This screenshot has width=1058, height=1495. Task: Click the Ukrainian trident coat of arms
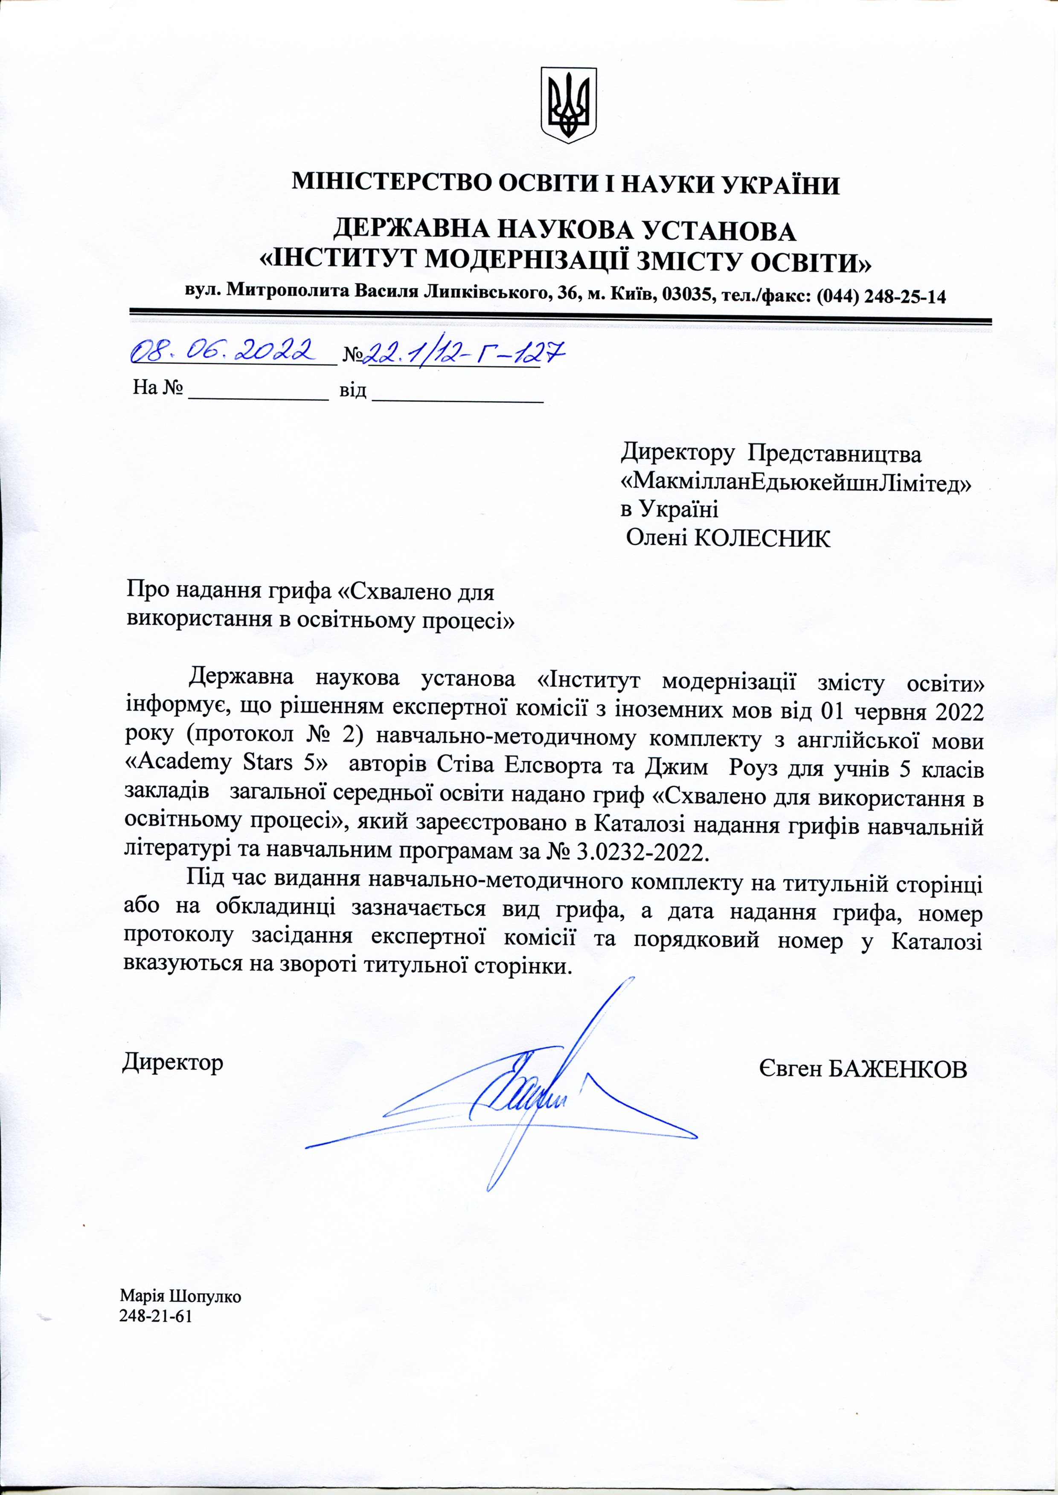coord(569,105)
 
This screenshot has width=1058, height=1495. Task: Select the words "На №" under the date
coord(157,389)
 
